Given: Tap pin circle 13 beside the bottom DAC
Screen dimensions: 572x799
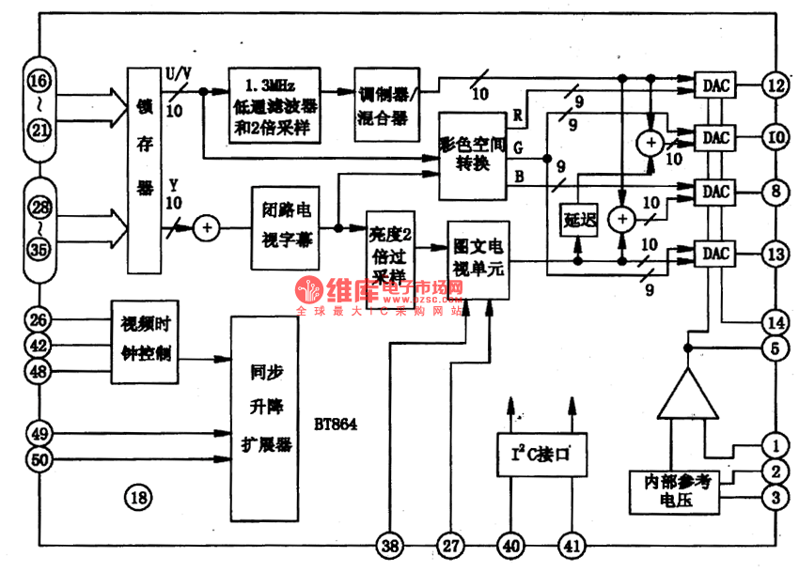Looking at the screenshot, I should click(x=775, y=254).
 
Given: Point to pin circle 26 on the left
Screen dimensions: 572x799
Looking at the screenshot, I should click(x=37, y=319).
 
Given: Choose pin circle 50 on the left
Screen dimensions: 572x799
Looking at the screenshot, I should click(x=37, y=460).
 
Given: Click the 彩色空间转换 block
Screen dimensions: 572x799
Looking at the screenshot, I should click(x=478, y=154).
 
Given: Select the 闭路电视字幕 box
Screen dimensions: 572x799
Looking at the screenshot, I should click(x=290, y=228).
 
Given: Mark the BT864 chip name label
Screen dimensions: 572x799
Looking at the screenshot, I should click(x=337, y=424).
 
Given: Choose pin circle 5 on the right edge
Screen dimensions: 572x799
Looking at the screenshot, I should click(x=775, y=348).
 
